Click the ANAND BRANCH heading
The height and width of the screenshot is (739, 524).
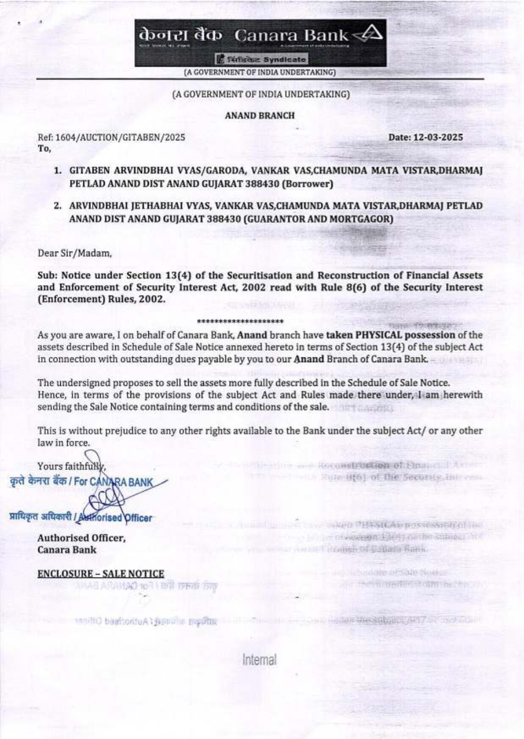[260, 115]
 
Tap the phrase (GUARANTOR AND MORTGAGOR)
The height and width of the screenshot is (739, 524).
[318, 219]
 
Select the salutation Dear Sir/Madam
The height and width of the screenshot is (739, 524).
[74, 254]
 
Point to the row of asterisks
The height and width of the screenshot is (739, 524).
[241, 321]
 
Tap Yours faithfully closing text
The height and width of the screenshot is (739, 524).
[71, 466]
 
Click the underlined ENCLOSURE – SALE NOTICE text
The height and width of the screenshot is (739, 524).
[101, 574]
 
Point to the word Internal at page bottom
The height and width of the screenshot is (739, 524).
[259, 659]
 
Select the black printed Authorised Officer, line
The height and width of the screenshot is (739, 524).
[81, 538]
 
